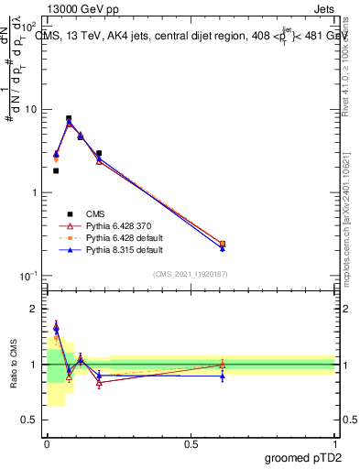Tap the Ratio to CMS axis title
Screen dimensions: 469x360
(14, 365)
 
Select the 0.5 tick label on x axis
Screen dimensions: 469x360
(191, 442)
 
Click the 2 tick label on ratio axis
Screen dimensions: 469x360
(37, 309)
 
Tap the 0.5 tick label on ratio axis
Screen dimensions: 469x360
(33, 420)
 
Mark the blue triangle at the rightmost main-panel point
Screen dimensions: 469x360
(223, 248)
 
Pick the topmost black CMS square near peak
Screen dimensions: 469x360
(69, 118)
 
